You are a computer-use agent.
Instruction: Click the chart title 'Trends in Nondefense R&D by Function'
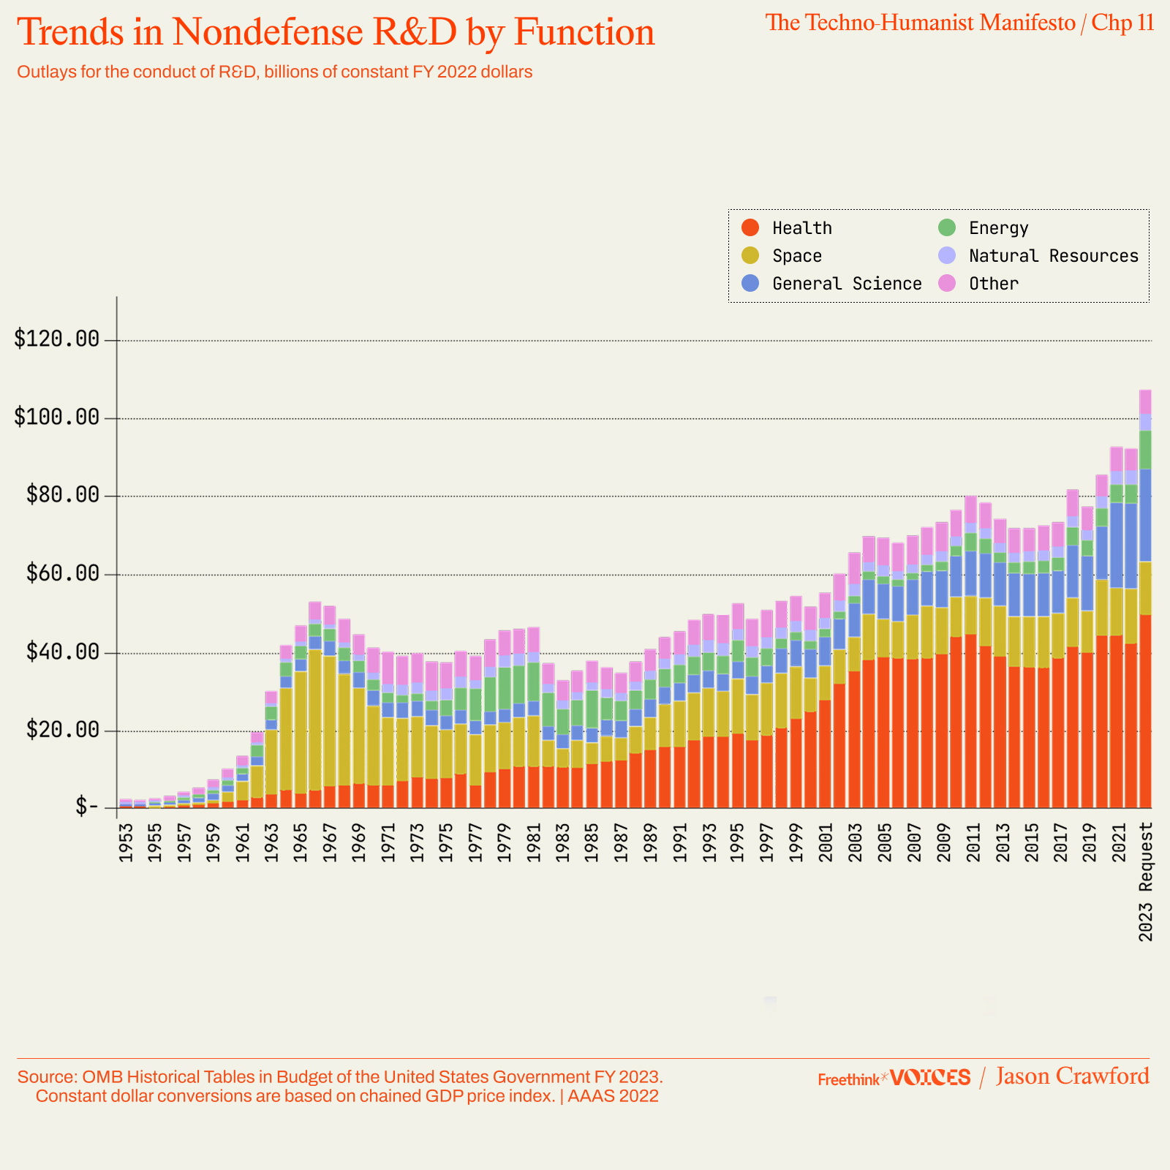tap(336, 33)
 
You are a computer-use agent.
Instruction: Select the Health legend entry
tap(801, 228)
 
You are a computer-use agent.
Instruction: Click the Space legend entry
tap(796, 256)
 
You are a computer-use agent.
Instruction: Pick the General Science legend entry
tap(846, 284)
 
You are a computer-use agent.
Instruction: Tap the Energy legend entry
tap(998, 228)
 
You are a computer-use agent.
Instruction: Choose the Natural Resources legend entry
tap(1053, 256)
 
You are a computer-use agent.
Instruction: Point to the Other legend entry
tap(993, 284)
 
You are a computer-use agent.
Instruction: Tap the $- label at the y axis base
tap(86, 807)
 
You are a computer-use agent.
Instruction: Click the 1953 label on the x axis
tap(126, 842)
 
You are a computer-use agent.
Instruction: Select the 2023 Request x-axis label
tap(1146, 881)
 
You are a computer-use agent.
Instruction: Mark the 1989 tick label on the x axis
tap(650, 842)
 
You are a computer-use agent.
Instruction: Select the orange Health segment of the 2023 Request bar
tap(1145, 709)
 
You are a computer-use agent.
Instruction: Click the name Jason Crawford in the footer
tap(1072, 1076)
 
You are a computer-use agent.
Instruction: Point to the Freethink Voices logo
tap(894, 1078)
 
